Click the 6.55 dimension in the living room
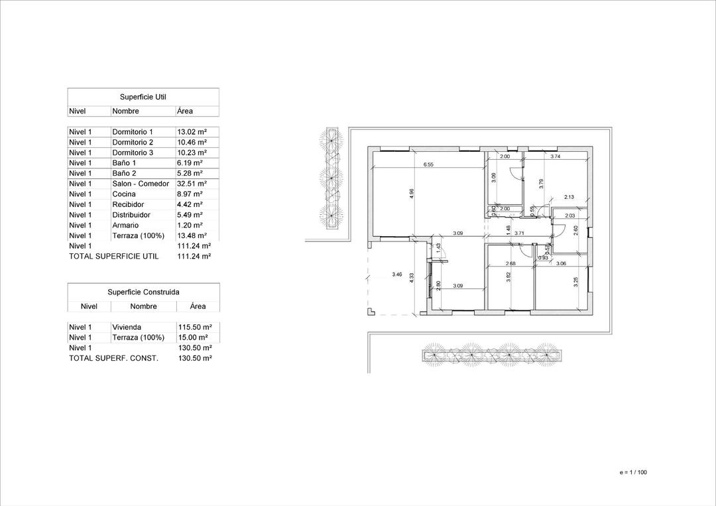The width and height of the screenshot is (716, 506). pyautogui.click(x=428, y=164)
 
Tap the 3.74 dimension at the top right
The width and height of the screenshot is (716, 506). pyautogui.click(x=556, y=157)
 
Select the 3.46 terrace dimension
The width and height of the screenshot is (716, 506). pyautogui.click(x=397, y=274)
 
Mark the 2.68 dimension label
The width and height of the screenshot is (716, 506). pyautogui.click(x=510, y=264)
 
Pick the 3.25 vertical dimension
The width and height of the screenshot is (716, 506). pyautogui.click(x=576, y=282)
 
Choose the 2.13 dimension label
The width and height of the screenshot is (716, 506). pyautogui.click(x=569, y=197)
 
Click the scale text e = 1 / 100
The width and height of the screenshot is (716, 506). pyautogui.click(x=632, y=472)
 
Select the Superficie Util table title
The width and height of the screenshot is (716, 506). pyautogui.click(x=143, y=97)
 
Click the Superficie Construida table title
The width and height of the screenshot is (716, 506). pyautogui.click(x=143, y=292)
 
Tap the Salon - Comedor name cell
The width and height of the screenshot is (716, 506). pyautogui.click(x=141, y=184)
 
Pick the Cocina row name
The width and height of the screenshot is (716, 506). pyautogui.click(x=124, y=194)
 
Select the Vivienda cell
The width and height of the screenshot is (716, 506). pyautogui.click(x=127, y=327)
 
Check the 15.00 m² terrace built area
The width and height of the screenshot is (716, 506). pyautogui.click(x=194, y=338)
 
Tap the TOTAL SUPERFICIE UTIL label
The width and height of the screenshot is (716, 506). pyautogui.click(x=114, y=256)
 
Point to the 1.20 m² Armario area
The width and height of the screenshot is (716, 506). pyautogui.click(x=190, y=225)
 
